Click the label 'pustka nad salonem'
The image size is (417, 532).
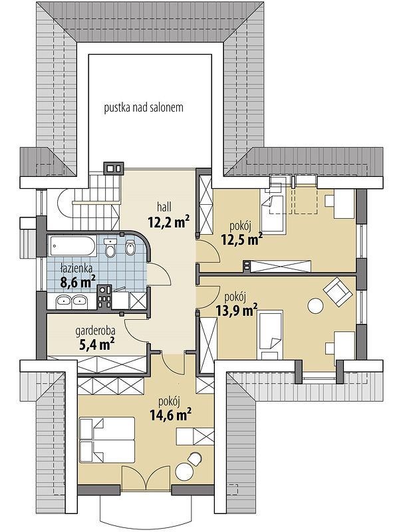click(144, 108)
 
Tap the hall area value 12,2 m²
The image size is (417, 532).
click(168, 222)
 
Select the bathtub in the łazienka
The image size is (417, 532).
click(73, 246)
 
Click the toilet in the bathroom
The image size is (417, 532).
click(110, 247)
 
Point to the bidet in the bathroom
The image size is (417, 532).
click(130, 247)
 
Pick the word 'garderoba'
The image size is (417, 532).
click(95, 331)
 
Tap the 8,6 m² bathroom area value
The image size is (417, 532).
click(78, 281)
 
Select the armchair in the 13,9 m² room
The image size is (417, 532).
click(338, 291)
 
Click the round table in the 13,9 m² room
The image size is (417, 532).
click(315, 306)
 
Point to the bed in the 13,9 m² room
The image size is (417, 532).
click(271, 335)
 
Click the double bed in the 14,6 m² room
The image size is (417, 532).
click(107, 440)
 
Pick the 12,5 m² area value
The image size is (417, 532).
click(242, 239)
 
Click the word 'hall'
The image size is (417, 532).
click(164, 207)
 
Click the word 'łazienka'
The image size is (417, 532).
click(76, 269)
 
